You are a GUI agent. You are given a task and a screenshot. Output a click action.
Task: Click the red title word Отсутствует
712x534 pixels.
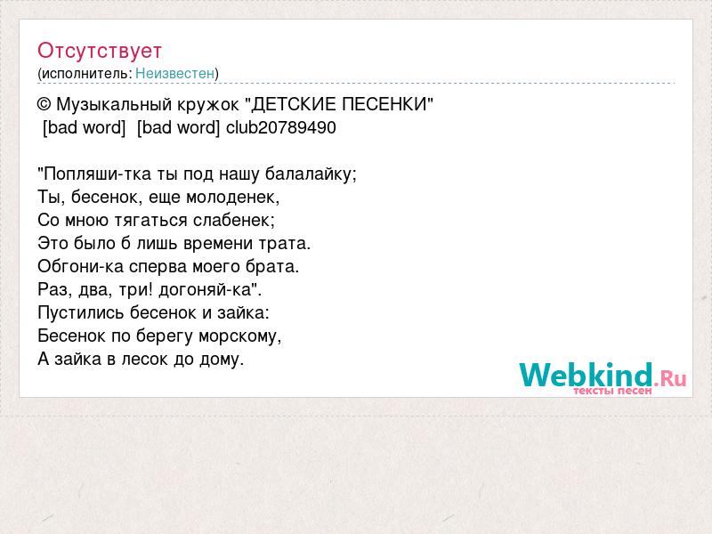100,51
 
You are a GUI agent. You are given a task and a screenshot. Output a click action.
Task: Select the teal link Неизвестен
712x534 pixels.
174,73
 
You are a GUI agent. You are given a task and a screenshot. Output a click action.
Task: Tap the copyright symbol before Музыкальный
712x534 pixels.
44,104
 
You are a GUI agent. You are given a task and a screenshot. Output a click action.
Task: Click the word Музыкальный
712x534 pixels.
114,105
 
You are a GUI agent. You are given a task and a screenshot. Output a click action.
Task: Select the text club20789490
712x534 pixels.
281,127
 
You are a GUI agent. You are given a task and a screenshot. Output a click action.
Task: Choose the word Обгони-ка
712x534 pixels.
80,266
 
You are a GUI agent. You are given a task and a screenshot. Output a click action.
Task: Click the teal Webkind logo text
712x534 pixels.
587,375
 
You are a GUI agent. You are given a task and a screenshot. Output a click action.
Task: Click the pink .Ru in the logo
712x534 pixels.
670,377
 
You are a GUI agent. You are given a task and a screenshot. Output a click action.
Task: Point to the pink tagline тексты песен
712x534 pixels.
612,391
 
